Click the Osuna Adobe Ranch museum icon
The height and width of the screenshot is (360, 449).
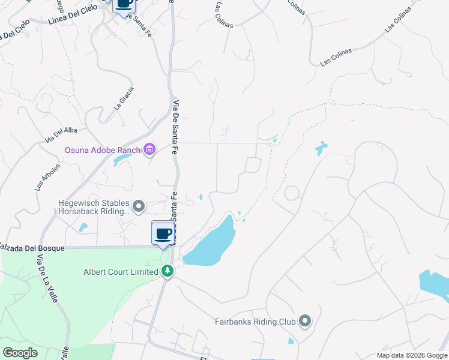pyautogui.click(x=149, y=149)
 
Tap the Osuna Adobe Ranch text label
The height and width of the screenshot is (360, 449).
pyautogui.click(x=103, y=149)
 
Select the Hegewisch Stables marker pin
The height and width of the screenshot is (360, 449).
pyautogui.click(x=139, y=207)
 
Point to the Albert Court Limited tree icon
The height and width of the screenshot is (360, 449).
pyautogui.click(x=167, y=272)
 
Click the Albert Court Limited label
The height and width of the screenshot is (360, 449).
pyautogui.click(x=120, y=272)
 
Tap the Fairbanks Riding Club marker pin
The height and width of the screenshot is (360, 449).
pyautogui.click(x=305, y=322)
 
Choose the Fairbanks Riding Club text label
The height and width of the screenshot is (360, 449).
pyautogui.click(x=255, y=322)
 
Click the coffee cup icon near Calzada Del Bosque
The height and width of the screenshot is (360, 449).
pyautogui.click(x=163, y=233)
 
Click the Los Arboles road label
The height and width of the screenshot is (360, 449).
pyautogui.click(x=46, y=177)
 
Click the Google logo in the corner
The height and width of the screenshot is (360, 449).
pyautogui.click(x=20, y=352)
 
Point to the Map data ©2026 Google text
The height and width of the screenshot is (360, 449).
pyautogui.click(x=411, y=355)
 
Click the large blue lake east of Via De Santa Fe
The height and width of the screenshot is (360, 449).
pyautogui.click(x=210, y=245)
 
